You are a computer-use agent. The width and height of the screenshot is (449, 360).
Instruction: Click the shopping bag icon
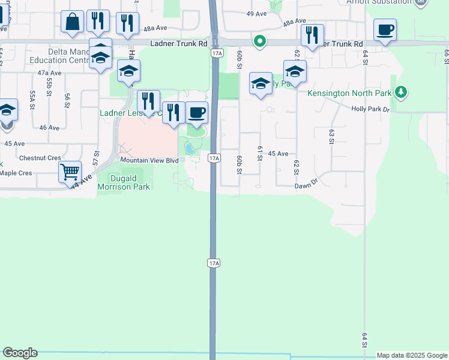point(73,23)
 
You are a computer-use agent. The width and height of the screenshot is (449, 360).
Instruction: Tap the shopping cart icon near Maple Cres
point(70,172)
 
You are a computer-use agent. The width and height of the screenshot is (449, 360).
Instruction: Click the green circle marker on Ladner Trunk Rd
point(259,41)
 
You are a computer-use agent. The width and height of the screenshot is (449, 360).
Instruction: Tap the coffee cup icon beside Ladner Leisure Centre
point(196,113)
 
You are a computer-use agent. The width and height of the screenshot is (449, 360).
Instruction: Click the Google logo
point(20,353)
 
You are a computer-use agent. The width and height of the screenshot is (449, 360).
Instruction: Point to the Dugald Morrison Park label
point(129,182)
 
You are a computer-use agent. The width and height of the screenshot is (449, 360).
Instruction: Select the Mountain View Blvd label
point(149,160)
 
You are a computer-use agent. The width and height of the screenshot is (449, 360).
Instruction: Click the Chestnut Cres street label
point(40,158)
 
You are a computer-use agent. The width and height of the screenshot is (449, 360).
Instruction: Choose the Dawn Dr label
point(306,186)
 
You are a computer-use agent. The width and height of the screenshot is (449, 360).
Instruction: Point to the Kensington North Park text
point(349,93)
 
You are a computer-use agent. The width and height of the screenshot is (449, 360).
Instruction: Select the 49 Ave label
point(256,13)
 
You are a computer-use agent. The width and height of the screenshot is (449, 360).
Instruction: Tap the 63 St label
point(331,136)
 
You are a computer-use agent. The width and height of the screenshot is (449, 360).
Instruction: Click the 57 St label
point(95,158)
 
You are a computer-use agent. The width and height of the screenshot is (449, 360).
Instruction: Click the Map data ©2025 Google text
point(412,355)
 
